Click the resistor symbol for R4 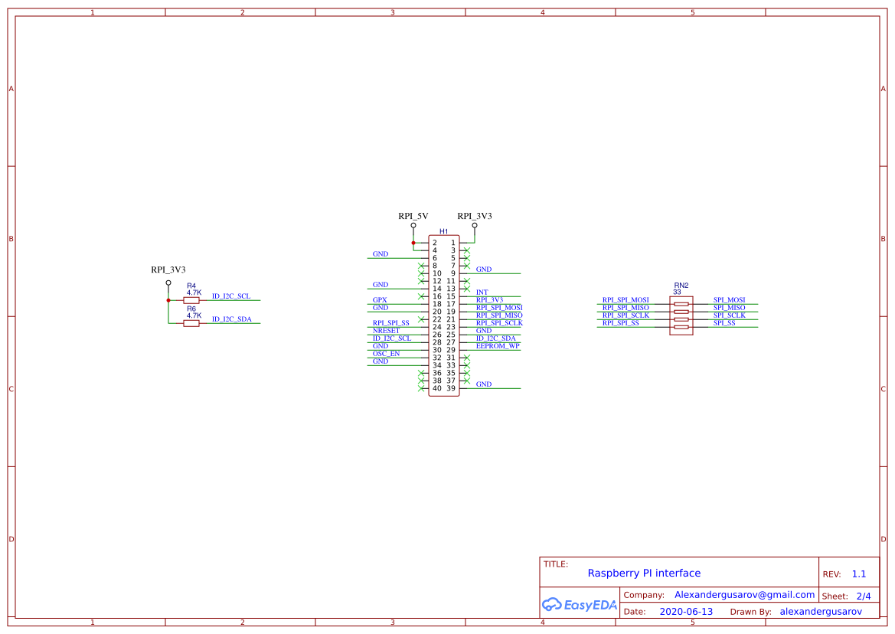point(191,300)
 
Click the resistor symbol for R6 point(191,323)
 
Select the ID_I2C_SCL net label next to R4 point(230,296)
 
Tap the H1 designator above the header point(443,231)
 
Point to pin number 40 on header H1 point(436,388)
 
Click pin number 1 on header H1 point(452,243)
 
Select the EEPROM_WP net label point(498,346)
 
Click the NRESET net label point(386,331)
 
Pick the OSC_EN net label point(386,354)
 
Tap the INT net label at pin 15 point(482,292)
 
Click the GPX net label point(379,300)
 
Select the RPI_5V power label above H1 point(413,216)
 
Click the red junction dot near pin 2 point(413,243)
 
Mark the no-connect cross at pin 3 point(466,250)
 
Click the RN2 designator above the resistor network point(681,284)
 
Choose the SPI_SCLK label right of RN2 point(729,315)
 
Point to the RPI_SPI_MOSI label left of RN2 point(626,300)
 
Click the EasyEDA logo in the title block point(579,604)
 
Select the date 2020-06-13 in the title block point(686,612)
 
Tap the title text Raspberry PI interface point(644,573)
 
